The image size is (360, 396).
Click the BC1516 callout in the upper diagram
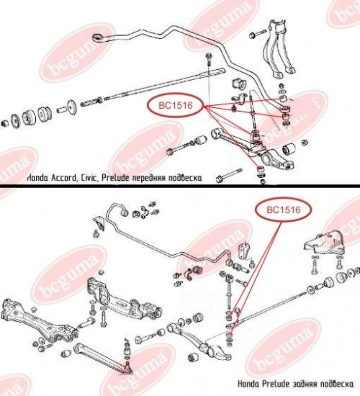point(176,105)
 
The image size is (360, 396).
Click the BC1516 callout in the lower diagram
point(284,210)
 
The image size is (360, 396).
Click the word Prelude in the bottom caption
point(275,384)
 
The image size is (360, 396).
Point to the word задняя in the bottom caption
point(305,384)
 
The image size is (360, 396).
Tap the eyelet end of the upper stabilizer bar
point(97,37)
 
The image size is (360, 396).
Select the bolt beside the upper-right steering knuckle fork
point(257,34)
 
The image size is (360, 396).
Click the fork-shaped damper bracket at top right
point(279,49)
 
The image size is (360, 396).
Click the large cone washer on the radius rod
point(72,107)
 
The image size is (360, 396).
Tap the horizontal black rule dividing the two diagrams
point(180,186)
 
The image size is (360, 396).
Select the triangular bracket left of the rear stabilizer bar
point(99,222)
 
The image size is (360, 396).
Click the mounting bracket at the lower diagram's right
point(325,245)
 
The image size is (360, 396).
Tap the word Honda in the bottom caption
point(248,384)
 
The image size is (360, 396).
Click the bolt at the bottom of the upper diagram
point(229,175)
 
